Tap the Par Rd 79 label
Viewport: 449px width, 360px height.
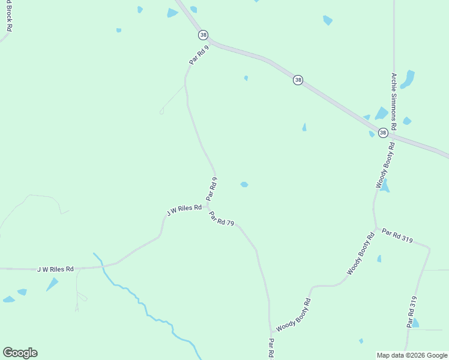tap(221, 218)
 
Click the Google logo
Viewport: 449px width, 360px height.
tap(20, 353)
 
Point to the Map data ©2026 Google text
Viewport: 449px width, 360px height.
tap(412, 355)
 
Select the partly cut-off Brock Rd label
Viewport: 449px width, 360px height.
tap(9, 16)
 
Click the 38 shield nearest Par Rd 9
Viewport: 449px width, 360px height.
tap(203, 35)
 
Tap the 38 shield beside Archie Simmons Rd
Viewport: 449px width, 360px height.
tap(383, 133)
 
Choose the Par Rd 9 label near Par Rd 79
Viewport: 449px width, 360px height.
tap(211, 188)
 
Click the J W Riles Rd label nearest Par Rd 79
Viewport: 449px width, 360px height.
tap(184, 209)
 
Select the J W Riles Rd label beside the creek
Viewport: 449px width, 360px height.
tap(55, 269)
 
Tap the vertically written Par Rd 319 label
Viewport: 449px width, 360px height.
tap(412, 311)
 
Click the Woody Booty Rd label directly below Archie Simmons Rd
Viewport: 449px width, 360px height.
tap(386, 165)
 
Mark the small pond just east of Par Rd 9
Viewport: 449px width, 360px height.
tap(244, 184)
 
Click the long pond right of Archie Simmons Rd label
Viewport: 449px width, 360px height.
tap(408, 79)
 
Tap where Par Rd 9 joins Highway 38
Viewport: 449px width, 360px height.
tap(208, 40)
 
